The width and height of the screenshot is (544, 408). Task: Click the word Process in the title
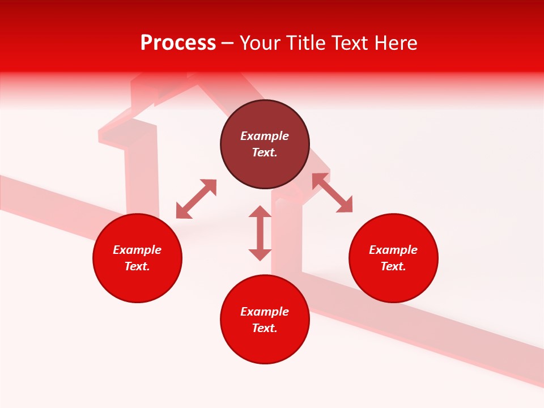point(178,43)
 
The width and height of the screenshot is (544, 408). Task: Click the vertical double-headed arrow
point(260,233)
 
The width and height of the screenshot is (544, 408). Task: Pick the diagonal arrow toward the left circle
point(196,199)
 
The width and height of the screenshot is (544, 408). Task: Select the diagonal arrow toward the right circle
point(332,193)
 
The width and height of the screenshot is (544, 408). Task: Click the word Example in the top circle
point(265,136)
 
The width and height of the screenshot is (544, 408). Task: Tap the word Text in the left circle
point(137,266)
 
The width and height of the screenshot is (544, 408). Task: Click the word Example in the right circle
point(393,250)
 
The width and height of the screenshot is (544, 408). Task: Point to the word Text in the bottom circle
point(265,328)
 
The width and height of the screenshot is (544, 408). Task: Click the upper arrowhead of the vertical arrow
point(260,212)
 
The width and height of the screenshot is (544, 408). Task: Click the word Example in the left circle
point(137,250)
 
